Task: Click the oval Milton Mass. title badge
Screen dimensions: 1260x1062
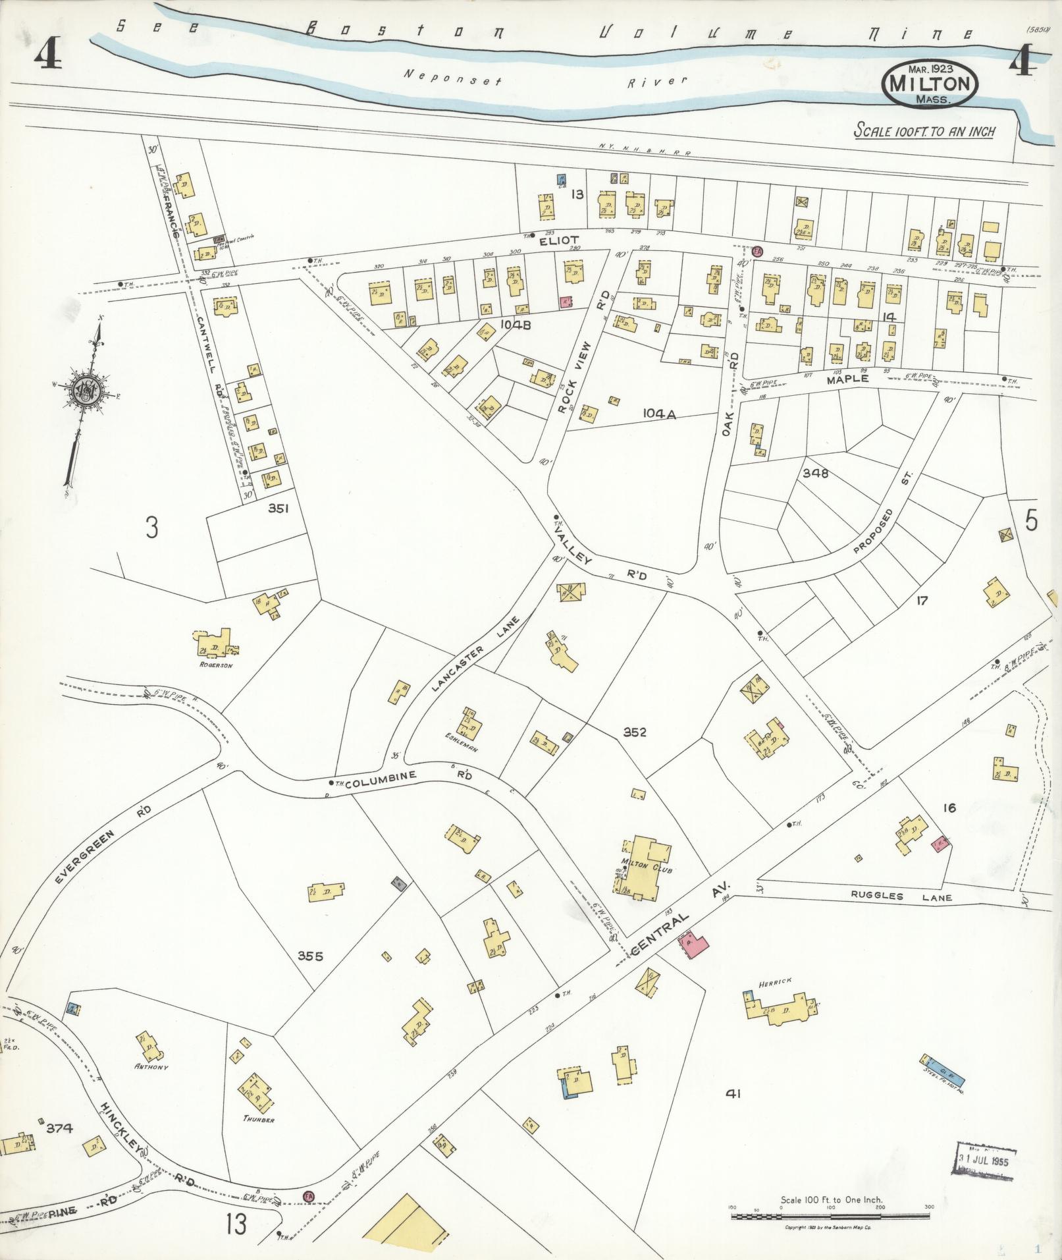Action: pyautogui.click(x=930, y=84)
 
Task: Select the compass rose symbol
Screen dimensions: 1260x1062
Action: pyautogui.click(x=87, y=393)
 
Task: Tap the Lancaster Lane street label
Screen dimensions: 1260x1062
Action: pyautogui.click(x=477, y=653)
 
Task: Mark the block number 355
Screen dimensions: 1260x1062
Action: pyautogui.click(x=310, y=956)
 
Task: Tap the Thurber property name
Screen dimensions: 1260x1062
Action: pyautogui.click(x=258, y=1119)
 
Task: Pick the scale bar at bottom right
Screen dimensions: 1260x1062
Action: pyautogui.click(x=832, y=1215)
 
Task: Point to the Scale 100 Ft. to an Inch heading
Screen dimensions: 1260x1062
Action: pyautogui.click(x=924, y=131)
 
